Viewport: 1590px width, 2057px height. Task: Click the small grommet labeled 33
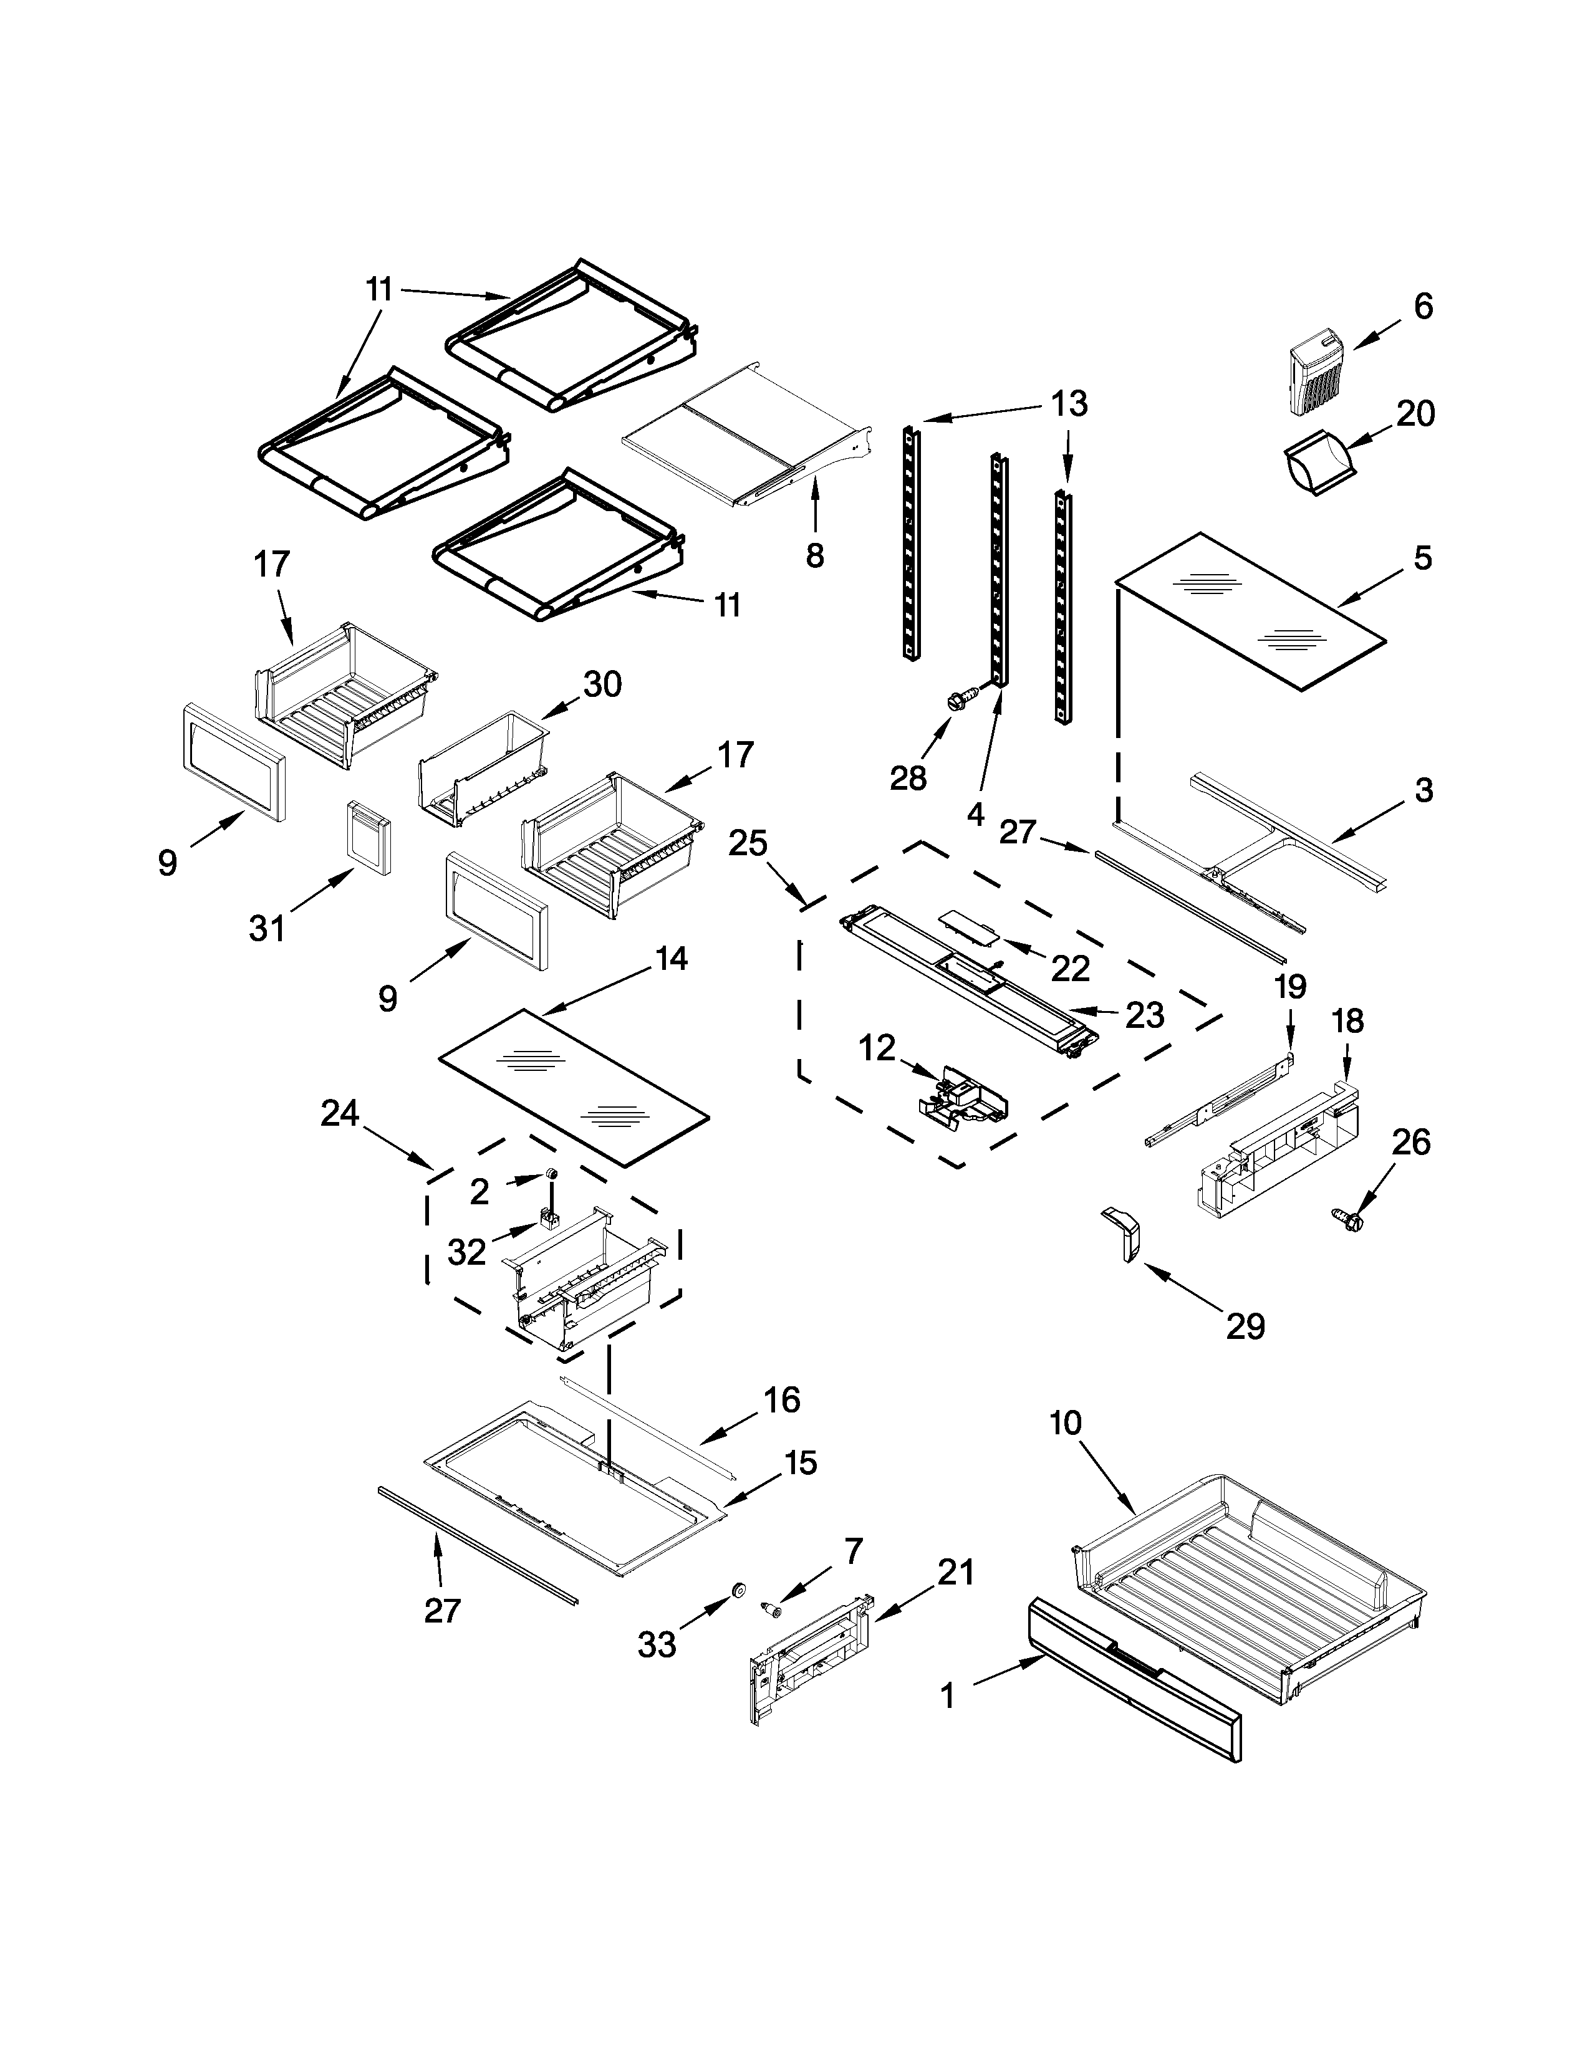(738, 1591)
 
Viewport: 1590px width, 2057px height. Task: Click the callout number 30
(603, 684)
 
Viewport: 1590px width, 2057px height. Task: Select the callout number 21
(955, 1571)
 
